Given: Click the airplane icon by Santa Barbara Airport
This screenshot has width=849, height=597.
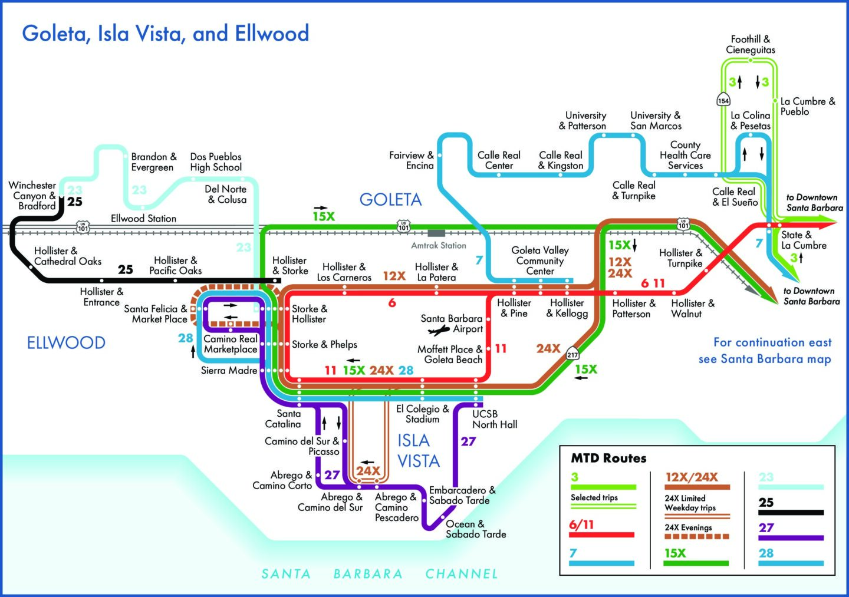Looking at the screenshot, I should (x=439, y=330).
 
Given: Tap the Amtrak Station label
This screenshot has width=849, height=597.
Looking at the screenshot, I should (x=438, y=245).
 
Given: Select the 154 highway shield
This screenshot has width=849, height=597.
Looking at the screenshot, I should (x=723, y=100).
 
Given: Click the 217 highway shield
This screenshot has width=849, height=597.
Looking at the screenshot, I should (x=572, y=354).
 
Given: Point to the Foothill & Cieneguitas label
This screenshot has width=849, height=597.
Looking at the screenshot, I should (x=751, y=45).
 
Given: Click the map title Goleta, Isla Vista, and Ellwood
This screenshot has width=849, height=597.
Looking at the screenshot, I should (x=166, y=34).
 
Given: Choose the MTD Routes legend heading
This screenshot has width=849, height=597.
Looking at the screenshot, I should (x=608, y=458).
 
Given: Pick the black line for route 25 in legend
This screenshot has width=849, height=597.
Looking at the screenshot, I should (x=791, y=513).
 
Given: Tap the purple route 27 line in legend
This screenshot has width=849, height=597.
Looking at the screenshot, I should (x=791, y=538).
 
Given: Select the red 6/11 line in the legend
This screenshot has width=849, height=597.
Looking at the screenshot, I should (x=602, y=535).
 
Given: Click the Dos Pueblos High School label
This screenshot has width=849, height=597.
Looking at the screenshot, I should (x=216, y=162).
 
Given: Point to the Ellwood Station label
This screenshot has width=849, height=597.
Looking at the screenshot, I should (x=143, y=219).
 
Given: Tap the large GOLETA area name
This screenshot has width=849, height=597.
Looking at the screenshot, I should (x=390, y=200).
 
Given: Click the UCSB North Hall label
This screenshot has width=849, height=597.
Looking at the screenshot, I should (x=495, y=419).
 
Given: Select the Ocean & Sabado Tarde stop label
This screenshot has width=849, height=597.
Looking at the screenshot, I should (x=475, y=529).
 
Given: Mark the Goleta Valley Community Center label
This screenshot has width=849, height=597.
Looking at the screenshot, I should (x=539, y=260).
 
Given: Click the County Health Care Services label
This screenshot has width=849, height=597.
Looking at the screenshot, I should (x=685, y=155).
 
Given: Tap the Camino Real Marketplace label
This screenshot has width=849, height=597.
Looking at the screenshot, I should (x=231, y=344).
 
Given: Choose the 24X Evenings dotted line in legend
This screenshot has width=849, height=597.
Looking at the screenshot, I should (x=697, y=537).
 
